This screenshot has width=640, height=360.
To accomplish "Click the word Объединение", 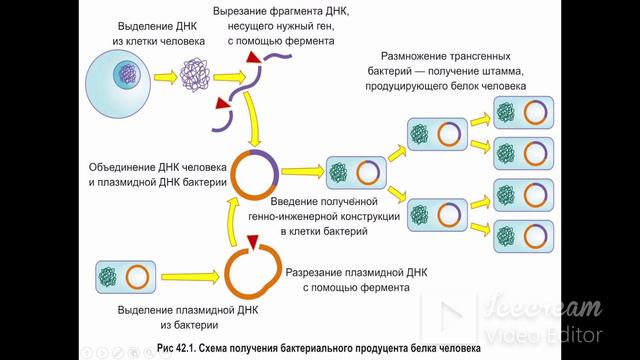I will pyautogui.click(x=128, y=166).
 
